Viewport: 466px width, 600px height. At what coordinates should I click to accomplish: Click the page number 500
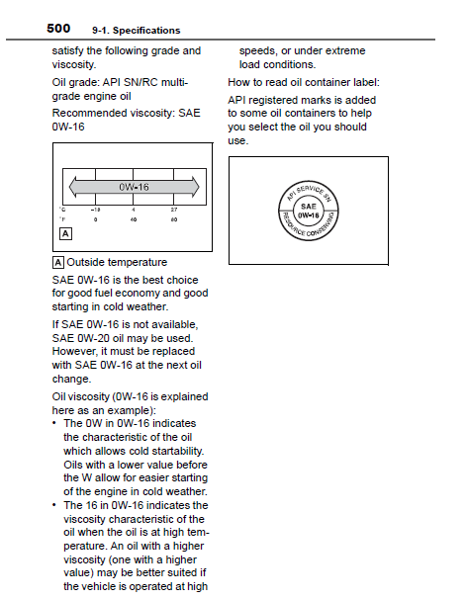tap(58, 29)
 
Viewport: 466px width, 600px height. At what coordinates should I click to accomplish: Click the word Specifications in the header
tap(146, 31)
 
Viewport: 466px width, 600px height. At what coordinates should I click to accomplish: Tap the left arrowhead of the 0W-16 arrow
tap(73, 187)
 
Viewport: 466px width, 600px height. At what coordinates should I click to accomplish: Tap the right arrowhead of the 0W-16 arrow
tap(195, 187)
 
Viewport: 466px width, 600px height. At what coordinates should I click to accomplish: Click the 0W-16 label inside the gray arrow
tap(134, 187)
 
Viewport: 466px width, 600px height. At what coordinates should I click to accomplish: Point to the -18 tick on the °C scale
tap(95, 210)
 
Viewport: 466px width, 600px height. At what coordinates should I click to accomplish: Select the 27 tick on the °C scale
tap(174, 210)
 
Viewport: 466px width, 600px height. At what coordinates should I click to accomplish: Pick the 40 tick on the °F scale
tap(134, 219)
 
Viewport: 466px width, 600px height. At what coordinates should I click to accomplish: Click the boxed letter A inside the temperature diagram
tap(65, 234)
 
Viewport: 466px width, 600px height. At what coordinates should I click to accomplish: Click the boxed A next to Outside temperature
tap(57, 263)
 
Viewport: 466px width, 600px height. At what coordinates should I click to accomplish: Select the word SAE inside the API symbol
tap(309, 207)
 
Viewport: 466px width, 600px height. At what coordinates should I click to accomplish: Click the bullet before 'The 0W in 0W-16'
tap(54, 423)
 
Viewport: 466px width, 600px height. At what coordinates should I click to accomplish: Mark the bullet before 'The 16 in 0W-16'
tap(54, 505)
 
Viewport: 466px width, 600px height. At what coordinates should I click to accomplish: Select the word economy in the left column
tap(138, 294)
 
